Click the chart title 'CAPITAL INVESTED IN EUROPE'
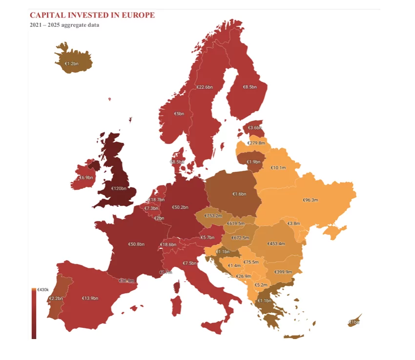[x=92, y=15]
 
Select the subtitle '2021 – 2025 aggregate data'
[x=64, y=25]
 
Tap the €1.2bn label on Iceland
[x=72, y=63]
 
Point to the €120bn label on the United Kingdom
[x=119, y=188]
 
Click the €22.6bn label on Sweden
[x=204, y=87]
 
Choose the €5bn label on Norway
[x=179, y=114]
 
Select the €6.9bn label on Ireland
[x=86, y=178]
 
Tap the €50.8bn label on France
[x=136, y=244]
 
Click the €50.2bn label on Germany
[x=180, y=207]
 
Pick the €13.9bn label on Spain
[x=90, y=298]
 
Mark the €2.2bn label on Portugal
[x=56, y=298]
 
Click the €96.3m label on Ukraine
[x=310, y=200]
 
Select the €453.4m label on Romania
[x=276, y=243]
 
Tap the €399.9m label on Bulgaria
[x=283, y=272]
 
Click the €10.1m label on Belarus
[x=278, y=167]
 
